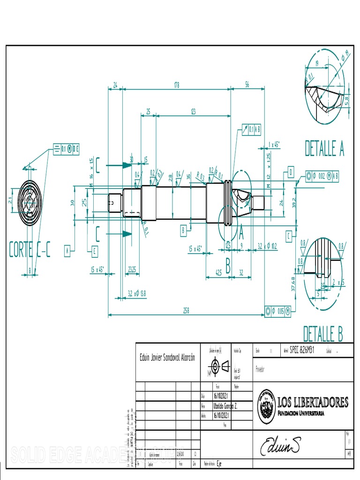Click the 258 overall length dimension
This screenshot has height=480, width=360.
pyautogui.click(x=186, y=311)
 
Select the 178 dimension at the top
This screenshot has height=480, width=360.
pyautogui.click(x=176, y=85)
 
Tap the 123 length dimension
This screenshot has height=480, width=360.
pyautogui.click(x=193, y=112)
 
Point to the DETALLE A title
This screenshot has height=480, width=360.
pyautogui.click(x=324, y=148)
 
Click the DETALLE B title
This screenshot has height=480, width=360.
pyautogui.click(x=322, y=334)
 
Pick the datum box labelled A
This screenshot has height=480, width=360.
pyautogui.click(x=67, y=252)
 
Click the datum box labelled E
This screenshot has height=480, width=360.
pyautogui.click(x=95, y=252)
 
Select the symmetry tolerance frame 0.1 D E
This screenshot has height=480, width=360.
pyautogui.click(x=66, y=149)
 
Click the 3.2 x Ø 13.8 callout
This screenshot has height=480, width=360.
pyautogui.click(x=137, y=294)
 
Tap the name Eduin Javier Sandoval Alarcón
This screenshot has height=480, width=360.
pyautogui.click(x=167, y=358)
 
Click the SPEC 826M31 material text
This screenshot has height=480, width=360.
pyautogui.click(x=302, y=350)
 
